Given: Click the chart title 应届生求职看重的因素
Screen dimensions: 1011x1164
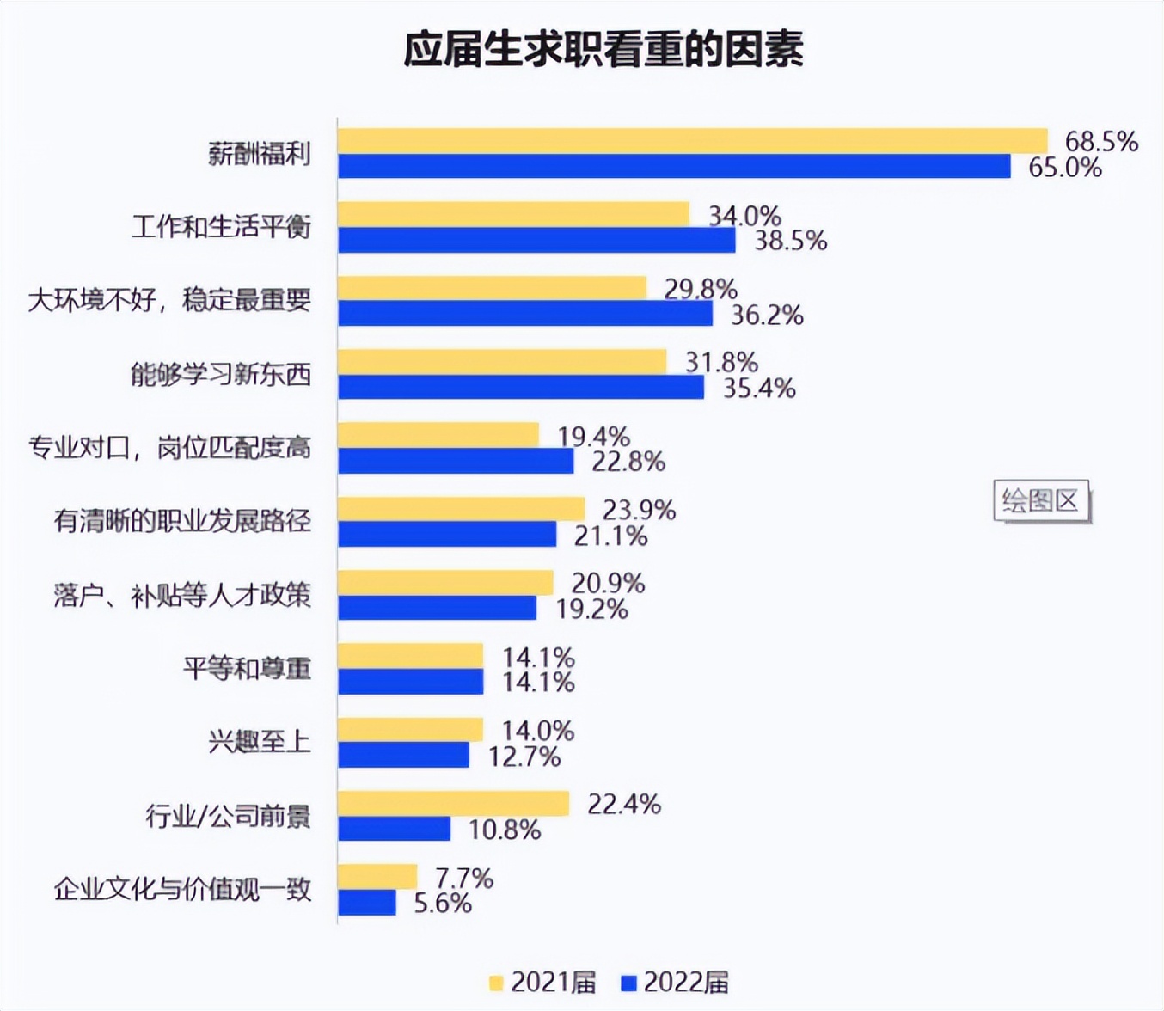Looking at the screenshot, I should [x=603, y=51].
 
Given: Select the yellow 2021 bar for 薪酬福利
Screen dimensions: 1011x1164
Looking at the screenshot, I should [x=692, y=141].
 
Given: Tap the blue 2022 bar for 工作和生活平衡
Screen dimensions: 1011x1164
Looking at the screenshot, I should [x=536, y=241].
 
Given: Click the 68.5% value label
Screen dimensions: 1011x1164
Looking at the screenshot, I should [x=1101, y=141].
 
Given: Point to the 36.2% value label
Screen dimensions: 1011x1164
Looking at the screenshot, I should [x=767, y=316].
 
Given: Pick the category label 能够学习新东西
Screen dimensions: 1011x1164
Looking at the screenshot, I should [x=221, y=375].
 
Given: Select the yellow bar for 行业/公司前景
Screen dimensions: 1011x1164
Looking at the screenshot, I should [x=453, y=804].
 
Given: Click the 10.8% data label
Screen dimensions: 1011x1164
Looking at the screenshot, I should [x=505, y=830].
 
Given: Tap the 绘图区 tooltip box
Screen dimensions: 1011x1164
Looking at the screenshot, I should [x=1040, y=501].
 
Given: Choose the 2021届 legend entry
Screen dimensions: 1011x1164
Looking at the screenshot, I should [x=542, y=982].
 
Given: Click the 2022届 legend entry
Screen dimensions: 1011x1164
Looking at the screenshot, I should [x=675, y=982].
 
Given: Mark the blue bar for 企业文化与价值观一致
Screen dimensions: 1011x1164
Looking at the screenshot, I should [x=367, y=903].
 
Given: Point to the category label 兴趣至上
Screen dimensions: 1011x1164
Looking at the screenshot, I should [x=259, y=741].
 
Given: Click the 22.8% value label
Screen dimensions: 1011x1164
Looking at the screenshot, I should [x=628, y=463].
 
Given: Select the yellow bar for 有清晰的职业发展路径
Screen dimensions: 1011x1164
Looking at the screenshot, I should [x=461, y=509].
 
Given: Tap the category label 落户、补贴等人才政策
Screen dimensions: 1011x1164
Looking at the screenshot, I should [x=182, y=595].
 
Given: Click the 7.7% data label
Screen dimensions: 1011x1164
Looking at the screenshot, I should [x=464, y=879].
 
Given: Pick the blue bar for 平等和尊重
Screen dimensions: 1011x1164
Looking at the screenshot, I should [x=411, y=682].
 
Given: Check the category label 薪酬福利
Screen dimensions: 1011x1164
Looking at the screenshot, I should [x=259, y=154].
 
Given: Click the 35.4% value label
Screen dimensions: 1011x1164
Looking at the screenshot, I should [x=759, y=389].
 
